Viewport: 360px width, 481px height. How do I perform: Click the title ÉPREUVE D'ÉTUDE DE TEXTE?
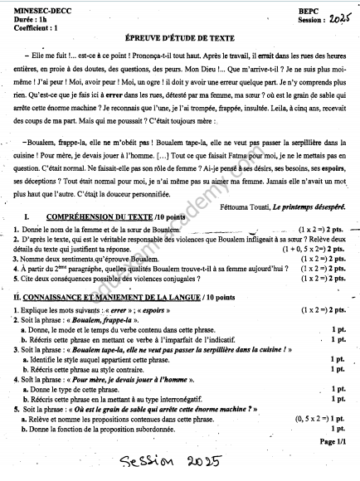179,37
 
